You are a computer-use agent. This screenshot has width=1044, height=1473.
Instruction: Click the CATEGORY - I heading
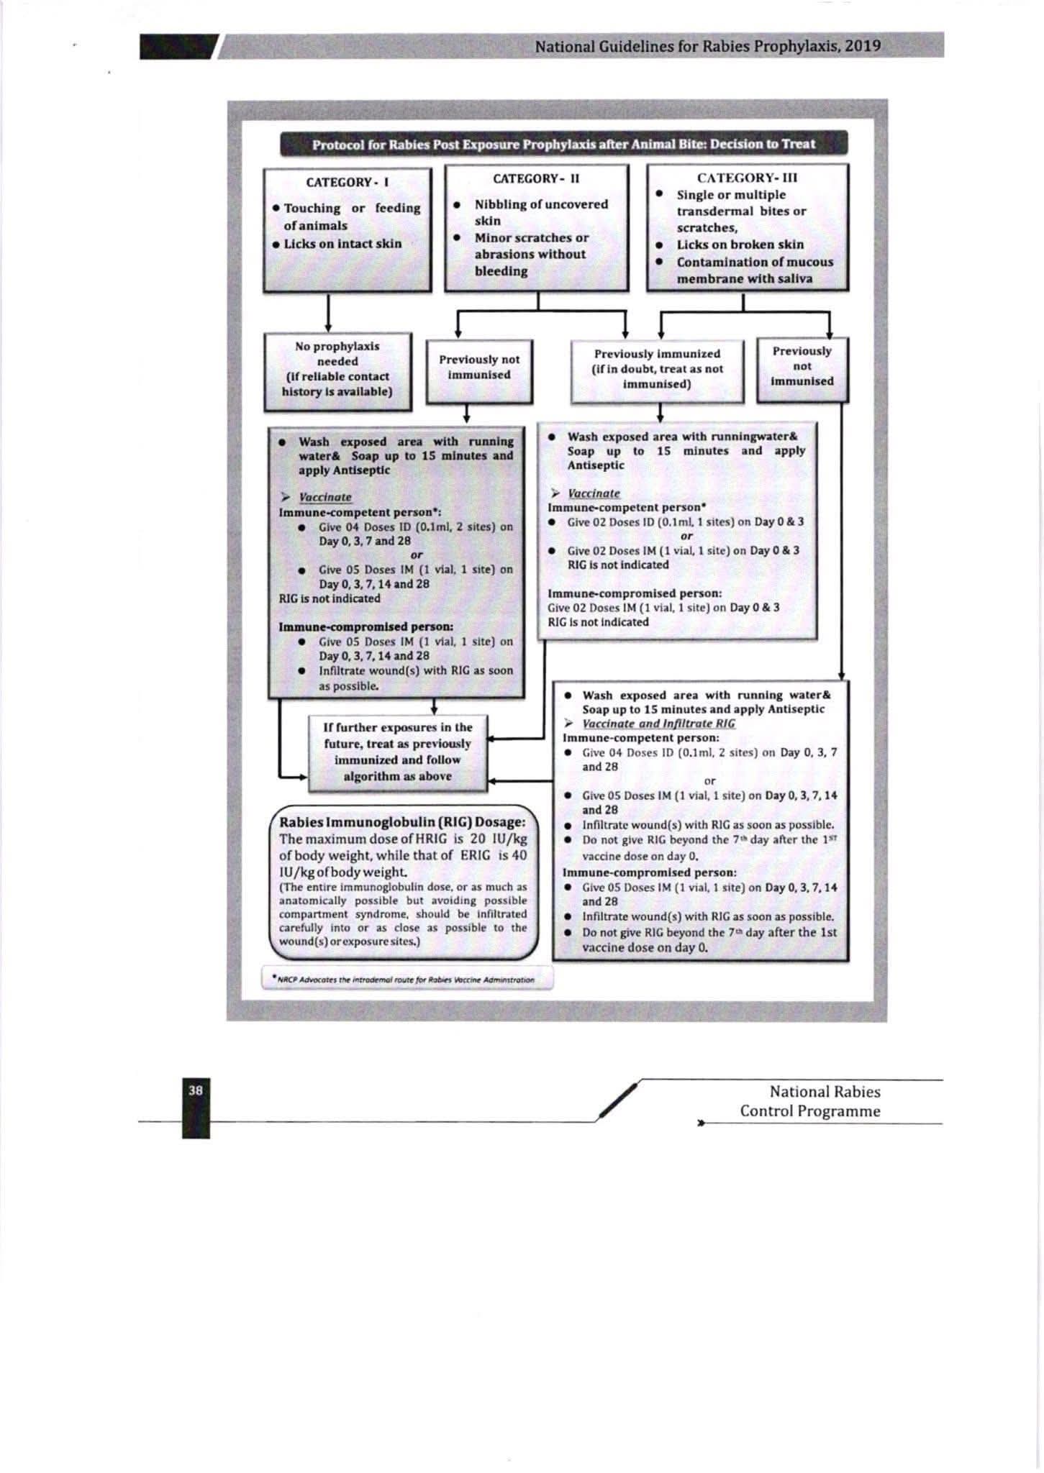click(x=347, y=182)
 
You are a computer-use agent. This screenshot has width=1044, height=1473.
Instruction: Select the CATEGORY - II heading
click(x=536, y=178)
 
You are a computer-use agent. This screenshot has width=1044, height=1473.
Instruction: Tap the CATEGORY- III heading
click(x=747, y=178)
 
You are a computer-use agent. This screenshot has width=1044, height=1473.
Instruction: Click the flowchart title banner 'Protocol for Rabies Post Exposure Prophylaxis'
click(x=563, y=144)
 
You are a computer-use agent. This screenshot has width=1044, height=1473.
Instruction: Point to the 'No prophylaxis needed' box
click(x=337, y=369)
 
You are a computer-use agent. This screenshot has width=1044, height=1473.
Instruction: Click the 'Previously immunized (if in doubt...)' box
click(x=657, y=369)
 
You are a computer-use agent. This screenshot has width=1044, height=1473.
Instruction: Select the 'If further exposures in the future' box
click(x=397, y=752)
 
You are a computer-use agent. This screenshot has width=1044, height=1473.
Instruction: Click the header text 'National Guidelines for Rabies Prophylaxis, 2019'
click(x=708, y=46)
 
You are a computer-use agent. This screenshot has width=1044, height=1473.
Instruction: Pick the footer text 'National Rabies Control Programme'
click(x=810, y=1101)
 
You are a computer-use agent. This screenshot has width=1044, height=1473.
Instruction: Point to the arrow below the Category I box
click(x=328, y=314)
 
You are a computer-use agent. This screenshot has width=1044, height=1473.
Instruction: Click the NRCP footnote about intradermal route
click(x=408, y=979)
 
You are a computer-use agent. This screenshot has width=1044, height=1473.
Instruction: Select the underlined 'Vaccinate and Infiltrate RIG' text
click(x=658, y=724)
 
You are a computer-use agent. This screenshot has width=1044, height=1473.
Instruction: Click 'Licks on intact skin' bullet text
click(x=342, y=243)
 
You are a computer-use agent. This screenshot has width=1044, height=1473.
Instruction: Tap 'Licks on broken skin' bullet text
click(x=740, y=245)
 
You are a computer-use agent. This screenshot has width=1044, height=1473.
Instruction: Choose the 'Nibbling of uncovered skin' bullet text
click(x=540, y=212)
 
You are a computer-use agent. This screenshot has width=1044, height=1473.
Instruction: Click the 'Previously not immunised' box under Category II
click(x=479, y=367)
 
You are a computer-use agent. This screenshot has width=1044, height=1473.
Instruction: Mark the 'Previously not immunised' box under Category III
click(x=802, y=366)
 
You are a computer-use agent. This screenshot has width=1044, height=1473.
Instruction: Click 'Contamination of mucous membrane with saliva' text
click(x=754, y=270)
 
